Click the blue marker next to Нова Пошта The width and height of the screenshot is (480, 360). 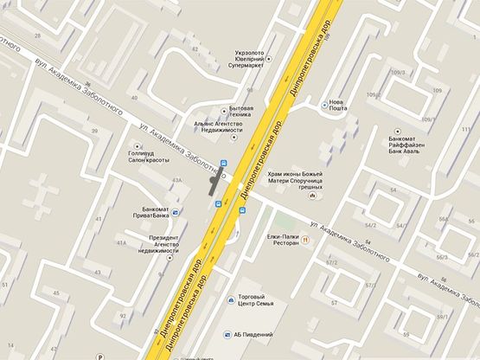pos(324,105)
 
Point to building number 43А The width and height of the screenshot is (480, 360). pos(177,180)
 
